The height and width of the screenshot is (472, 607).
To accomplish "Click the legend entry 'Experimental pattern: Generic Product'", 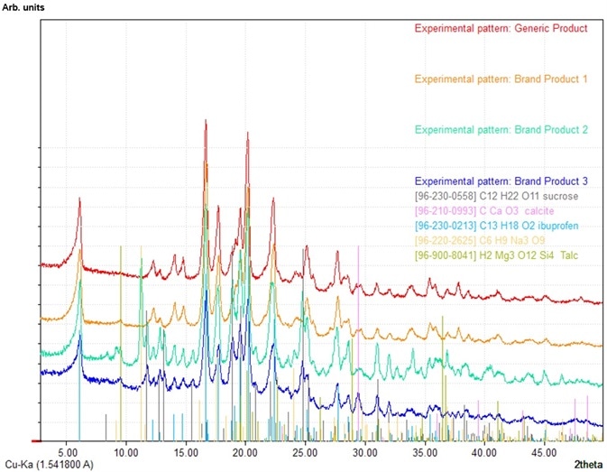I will [501, 28].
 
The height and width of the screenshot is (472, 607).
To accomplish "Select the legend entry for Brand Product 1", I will [501, 79].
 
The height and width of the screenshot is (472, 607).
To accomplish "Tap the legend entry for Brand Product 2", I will [501, 130].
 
